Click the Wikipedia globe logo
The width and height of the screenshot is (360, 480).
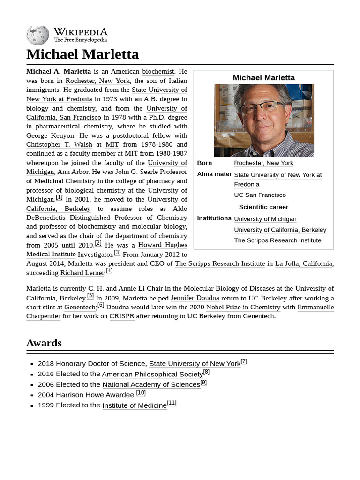[37, 35]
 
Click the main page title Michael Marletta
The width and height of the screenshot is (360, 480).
[82, 54]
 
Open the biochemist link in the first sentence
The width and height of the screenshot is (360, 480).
[158, 72]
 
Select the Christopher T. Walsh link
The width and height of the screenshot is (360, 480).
[60, 145]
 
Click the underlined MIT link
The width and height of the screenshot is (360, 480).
[112, 145]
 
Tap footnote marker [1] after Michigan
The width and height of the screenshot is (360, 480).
[59, 197]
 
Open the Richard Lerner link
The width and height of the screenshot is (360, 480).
[82, 273]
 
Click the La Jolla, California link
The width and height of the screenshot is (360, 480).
[303, 263]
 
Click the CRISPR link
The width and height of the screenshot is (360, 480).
[122, 316]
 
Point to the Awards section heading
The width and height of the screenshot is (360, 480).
[44, 343]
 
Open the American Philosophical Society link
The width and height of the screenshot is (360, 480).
[152, 374]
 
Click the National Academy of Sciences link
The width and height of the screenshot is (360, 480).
[151, 384]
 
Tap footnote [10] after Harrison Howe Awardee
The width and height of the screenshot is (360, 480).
[141, 393]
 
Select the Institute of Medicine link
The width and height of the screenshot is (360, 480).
[135, 405]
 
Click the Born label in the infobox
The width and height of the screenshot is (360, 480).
[204, 163]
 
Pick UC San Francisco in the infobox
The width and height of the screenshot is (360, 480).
[260, 195]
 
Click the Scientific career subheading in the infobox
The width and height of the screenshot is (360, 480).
[263, 207]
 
